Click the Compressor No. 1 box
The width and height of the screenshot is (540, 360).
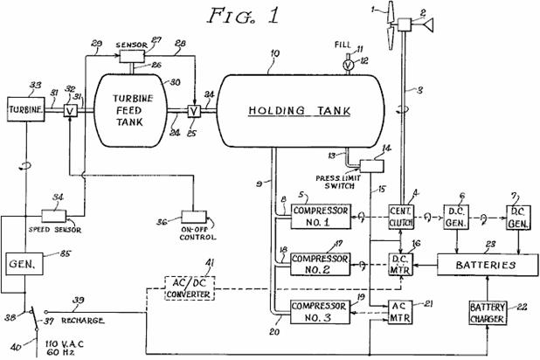[321, 214]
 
